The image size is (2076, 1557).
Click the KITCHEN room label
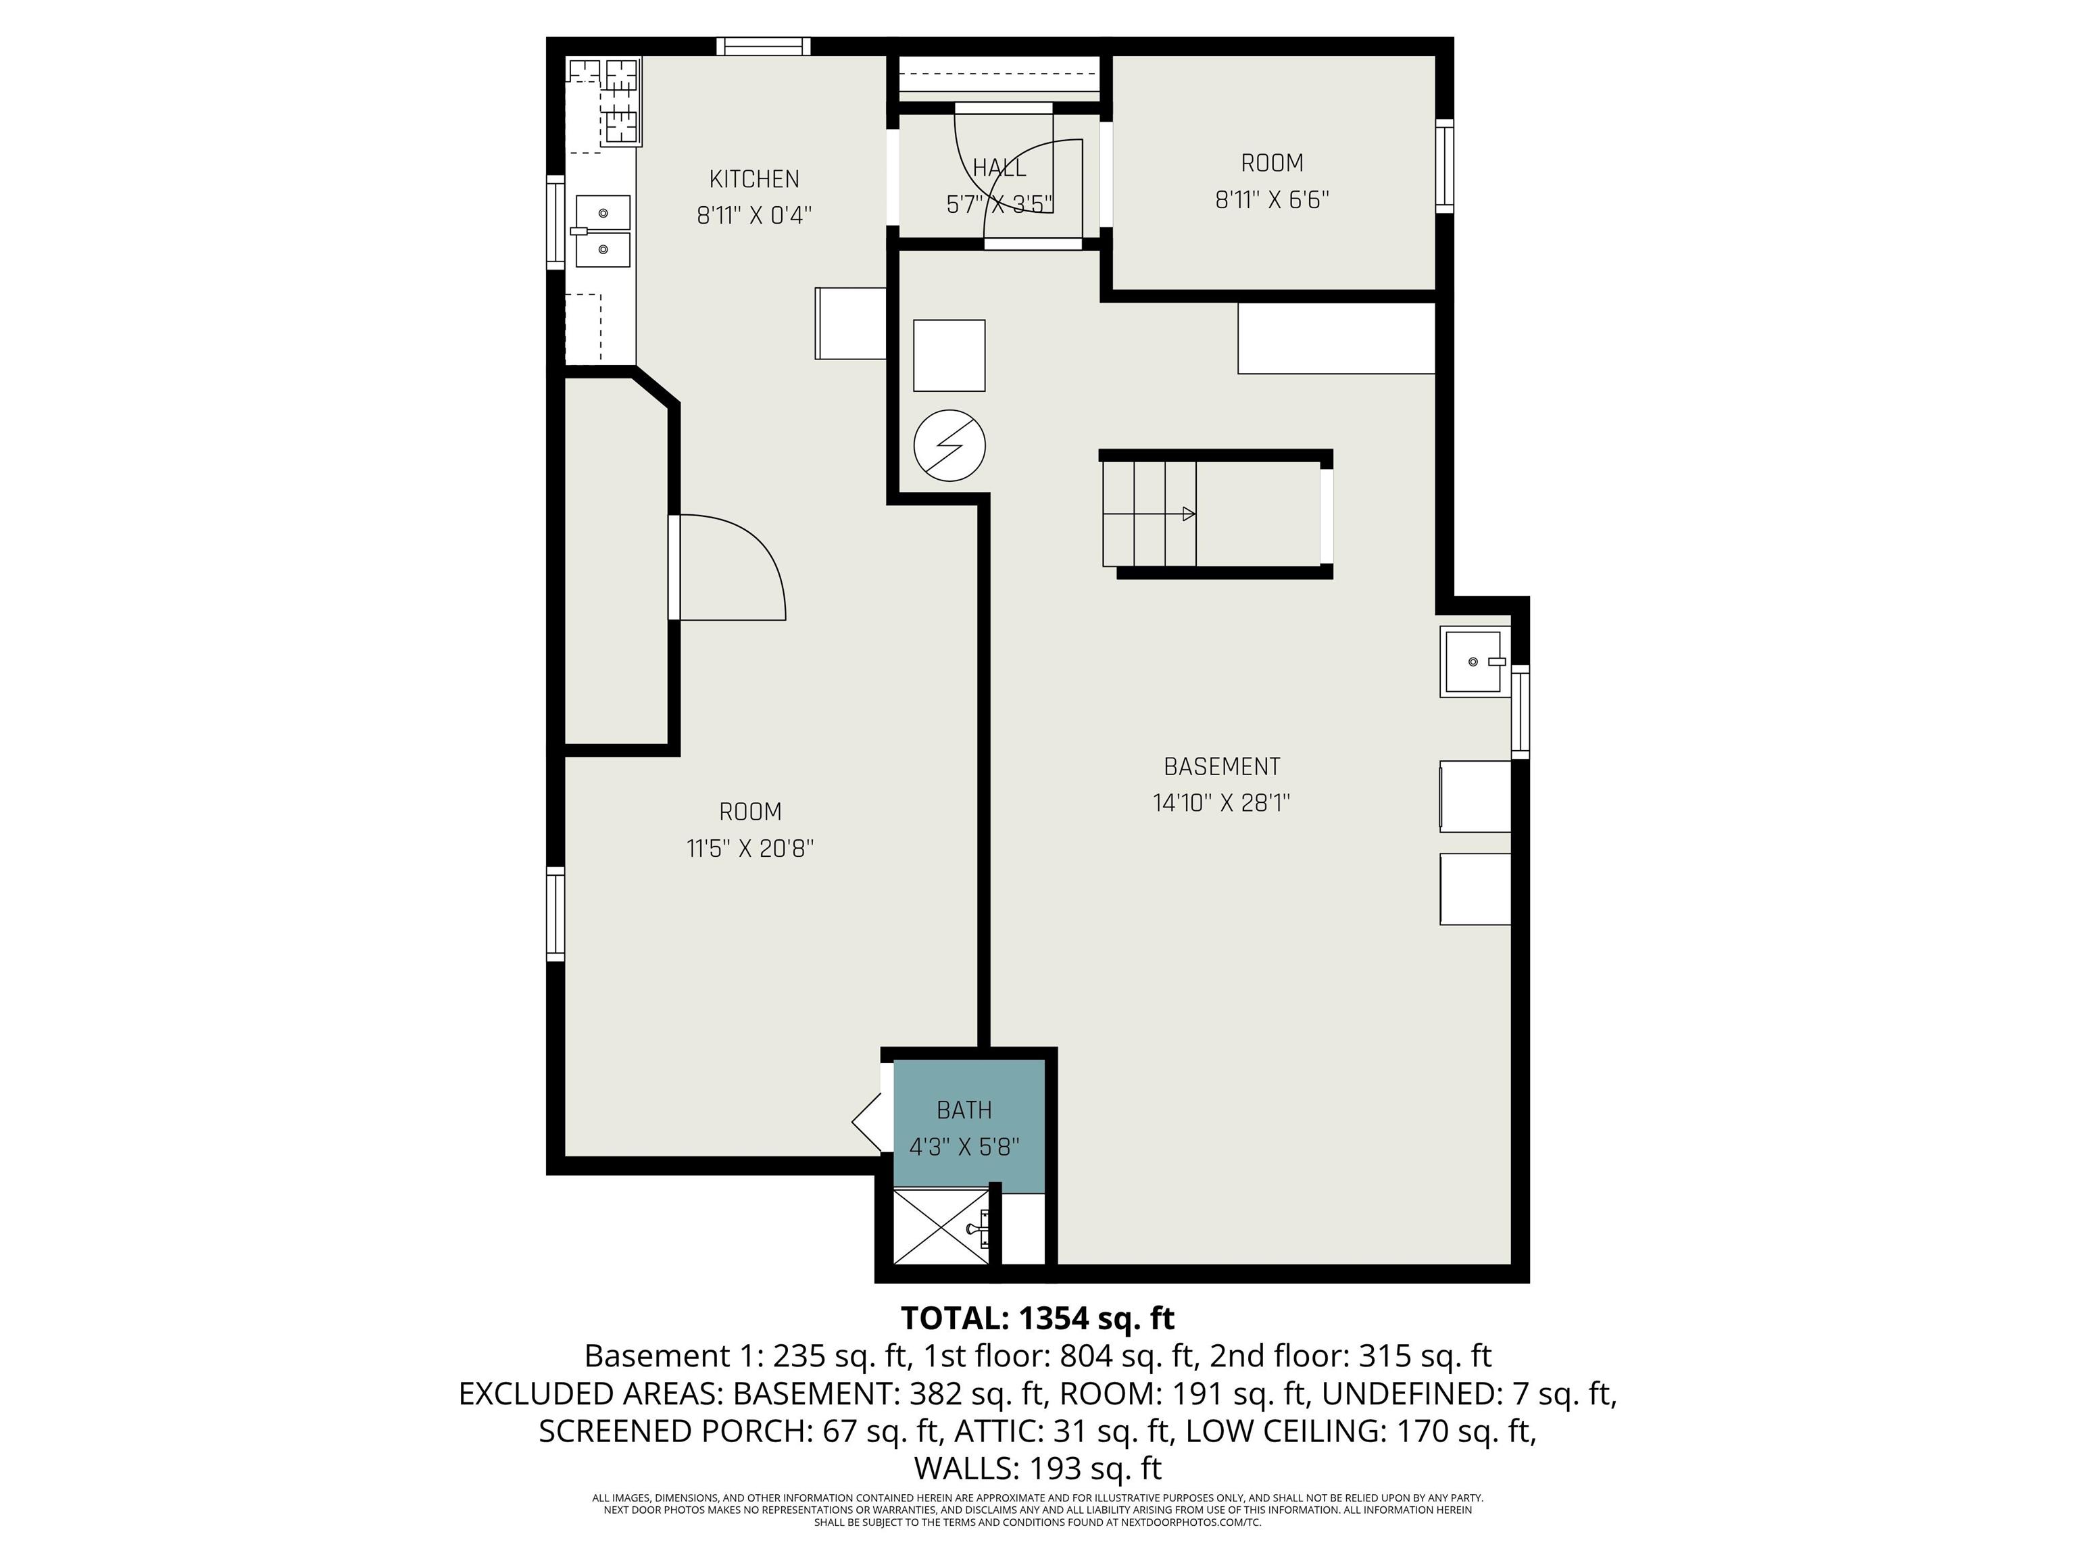tap(753, 178)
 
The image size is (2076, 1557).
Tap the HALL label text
tap(999, 168)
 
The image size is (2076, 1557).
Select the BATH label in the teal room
tap(964, 1110)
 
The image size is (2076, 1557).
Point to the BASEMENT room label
tap(1221, 767)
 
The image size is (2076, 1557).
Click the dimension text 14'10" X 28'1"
tap(1221, 804)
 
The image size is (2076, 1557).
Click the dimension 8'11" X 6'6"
tap(1272, 200)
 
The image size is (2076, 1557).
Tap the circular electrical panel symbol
tap(949, 446)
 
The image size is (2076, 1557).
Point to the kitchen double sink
tap(601, 231)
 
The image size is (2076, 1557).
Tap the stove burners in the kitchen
tap(604, 101)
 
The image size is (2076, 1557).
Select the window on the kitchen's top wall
tap(764, 46)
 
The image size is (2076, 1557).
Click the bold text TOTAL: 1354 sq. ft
tap(1037, 1318)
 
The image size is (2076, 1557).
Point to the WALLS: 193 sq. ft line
tap(1037, 1468)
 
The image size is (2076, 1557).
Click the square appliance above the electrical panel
tap(949, 355)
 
